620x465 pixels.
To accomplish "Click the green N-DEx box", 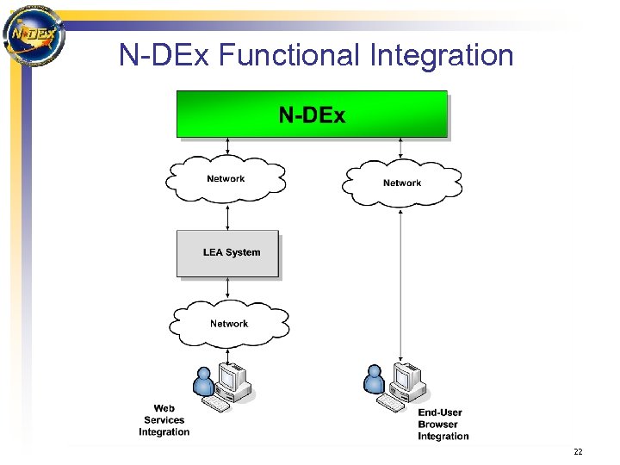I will (312, 115).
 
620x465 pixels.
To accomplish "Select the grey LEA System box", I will (228, 253).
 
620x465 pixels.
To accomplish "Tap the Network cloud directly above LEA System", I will (226, 179).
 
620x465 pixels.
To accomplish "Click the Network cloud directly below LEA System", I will (229, 323).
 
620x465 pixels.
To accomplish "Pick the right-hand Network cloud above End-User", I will (402, 183).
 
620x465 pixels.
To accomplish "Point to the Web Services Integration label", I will (164, 420).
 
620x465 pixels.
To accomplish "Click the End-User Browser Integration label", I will (443, 425).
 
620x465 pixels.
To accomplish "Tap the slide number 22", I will (578, 452).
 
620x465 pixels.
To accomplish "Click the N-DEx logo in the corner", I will (34, 34).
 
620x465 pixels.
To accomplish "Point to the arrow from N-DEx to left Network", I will (226, 146).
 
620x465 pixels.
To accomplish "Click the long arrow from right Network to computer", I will (401, 284).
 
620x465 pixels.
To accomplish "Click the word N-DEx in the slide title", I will (164, 55).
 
